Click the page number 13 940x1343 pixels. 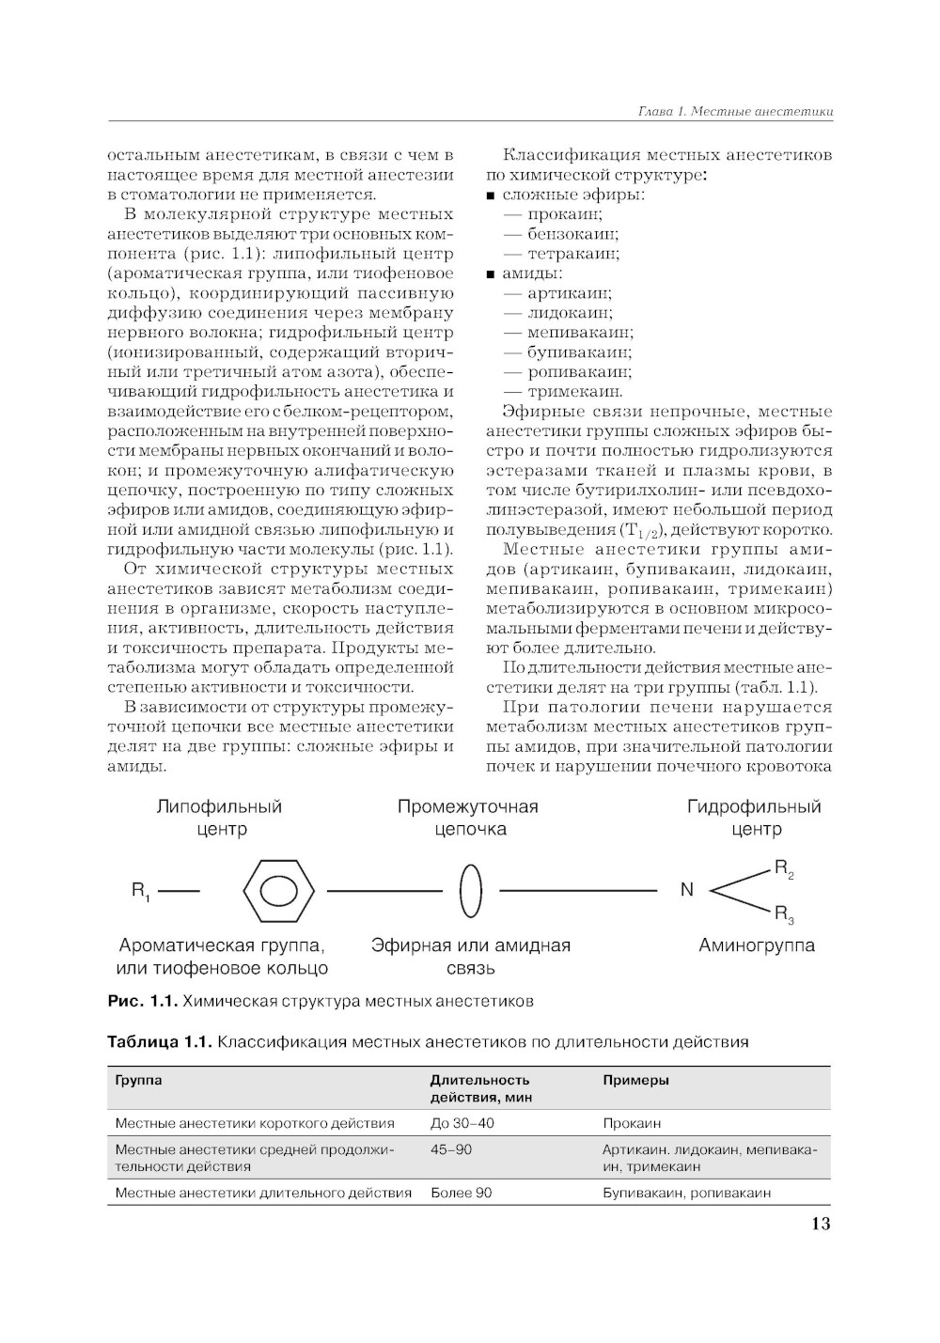pyautogui.click(x=820, y=1224)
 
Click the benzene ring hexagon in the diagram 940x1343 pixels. pyautogui.click(x=278, y=889)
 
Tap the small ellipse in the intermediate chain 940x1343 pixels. pyautogui.click(x=471, y=889)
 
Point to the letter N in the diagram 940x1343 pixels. pyautogui.click(x=686, y=889)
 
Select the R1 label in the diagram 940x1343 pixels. pyautogui.click(x=141, y=890)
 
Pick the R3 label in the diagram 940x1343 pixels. pyautogui.click(x=784, y=914)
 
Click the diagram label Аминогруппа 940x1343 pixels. pyautogui.click(x=756, y=945)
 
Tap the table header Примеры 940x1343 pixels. pyautogui.click(x=635, y=1080)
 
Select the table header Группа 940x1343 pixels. pyautogui.click(x=138, y=1080)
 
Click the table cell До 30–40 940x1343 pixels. pyautogui.click(x=462, y=1123)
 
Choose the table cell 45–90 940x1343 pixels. pyautogui.click(x=451, y=1149)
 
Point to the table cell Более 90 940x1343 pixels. pyautogui.click(x=461, y=1193)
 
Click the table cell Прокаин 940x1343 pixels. pyautogui.click(x=632, y=1123)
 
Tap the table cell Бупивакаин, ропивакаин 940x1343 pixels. pyautogui.click(x=686, y=1193)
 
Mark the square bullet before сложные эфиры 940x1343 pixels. pyautogui.click(x=491, y=195)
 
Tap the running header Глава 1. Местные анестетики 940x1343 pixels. pyautogui.click(x=735, y=112)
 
